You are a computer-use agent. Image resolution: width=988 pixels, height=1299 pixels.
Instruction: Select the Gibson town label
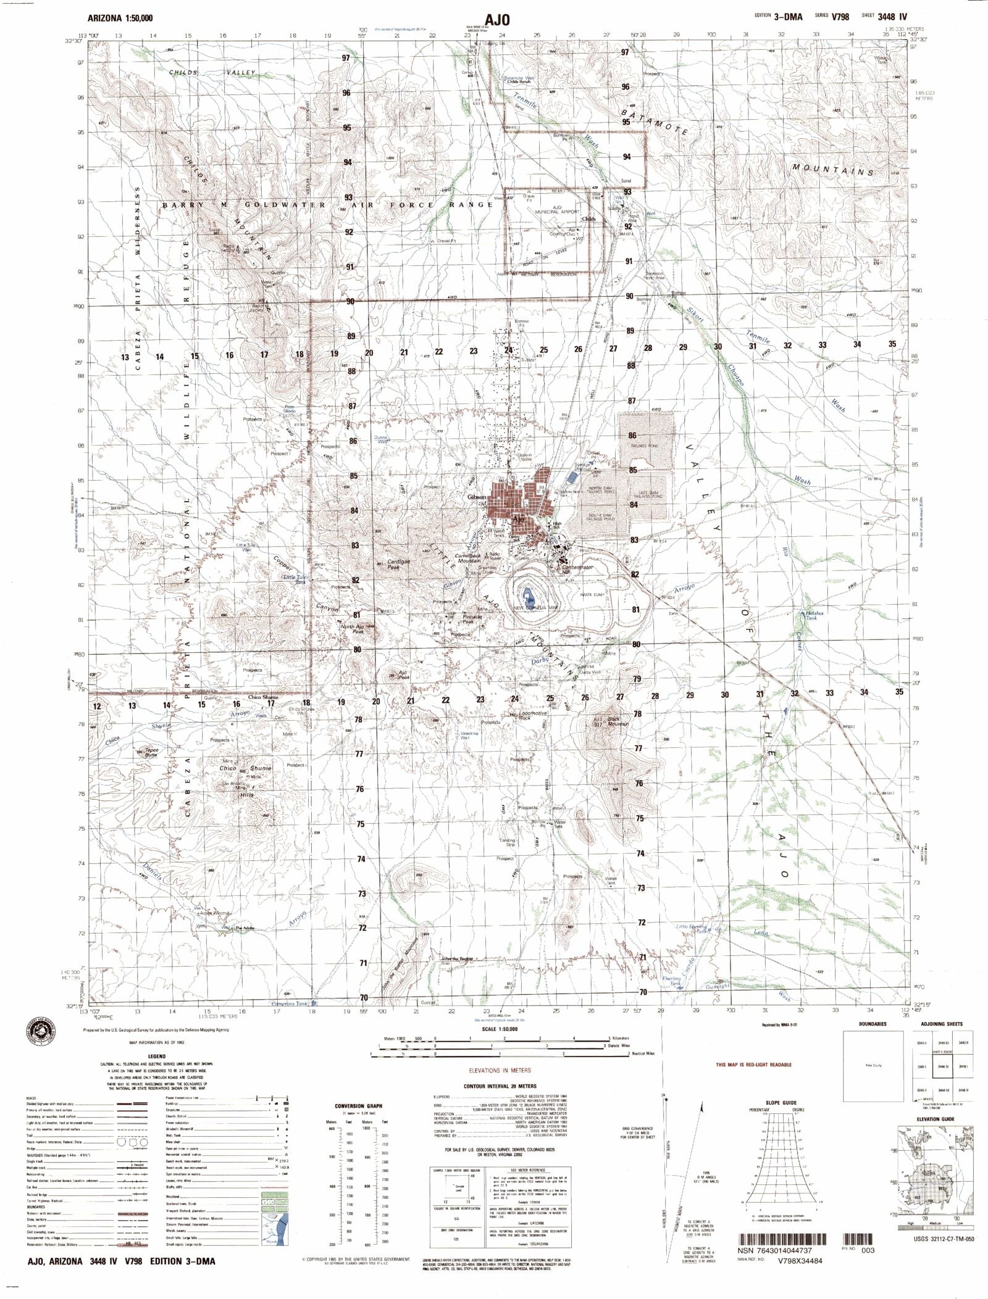[477, 497]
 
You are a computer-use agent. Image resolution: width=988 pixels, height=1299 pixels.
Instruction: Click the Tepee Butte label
[151, 752]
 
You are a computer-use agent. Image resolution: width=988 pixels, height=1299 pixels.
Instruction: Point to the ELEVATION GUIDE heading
[935, 1119]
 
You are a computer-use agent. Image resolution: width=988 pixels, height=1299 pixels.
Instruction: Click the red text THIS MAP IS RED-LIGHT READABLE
[753, 1065]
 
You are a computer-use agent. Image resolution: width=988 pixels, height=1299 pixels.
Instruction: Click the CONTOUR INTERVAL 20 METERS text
[500, 1085]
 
